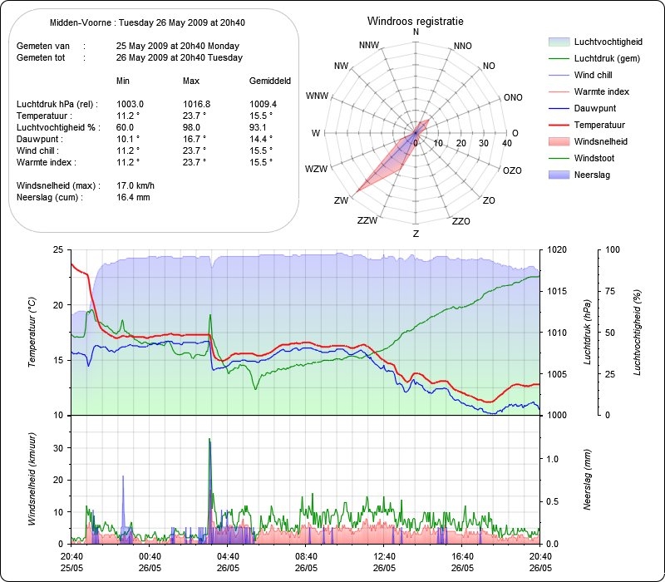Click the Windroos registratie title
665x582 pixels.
coord(416,20)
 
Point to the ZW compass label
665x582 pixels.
coord(341,201)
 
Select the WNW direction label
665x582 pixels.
coord(317,96)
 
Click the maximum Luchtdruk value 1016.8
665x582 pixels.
coord(196,104)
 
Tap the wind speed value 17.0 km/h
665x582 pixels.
coord(135,185)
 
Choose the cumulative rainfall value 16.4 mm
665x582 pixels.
coord(133,198)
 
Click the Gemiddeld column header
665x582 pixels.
coord(270,81)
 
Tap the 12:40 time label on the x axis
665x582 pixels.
coord(384,555)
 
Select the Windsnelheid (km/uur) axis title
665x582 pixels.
coord(31,478)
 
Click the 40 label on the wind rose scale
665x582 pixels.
coord(506,143)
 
